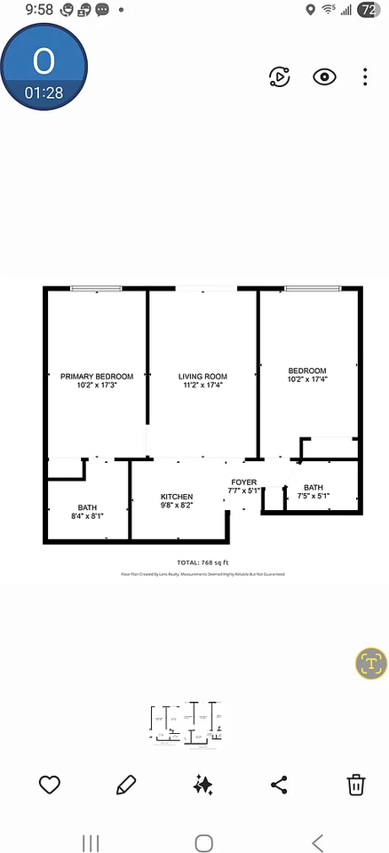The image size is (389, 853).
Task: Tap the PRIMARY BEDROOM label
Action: pyautogui.click(x=97, y=376)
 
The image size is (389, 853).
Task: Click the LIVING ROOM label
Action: pyautogui.click(x=202, y=376)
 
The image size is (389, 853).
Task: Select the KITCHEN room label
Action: pyautogui.click(x=176, y=496)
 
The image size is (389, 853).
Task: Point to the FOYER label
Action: pyautogui.click(x=243, y=482)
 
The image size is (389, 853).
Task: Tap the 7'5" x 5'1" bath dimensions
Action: pyautogui.click(x=314, y=496)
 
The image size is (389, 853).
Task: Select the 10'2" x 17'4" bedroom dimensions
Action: pyautogui.click(x=307, y=379)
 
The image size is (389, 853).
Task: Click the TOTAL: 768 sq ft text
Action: pyautogui.click(x=203, y=562)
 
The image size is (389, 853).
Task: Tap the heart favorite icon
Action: pyautogui.click(x=50, y=785)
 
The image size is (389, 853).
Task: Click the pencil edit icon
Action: pyautogui.click(x=126, y=785)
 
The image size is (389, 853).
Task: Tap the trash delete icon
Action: pyautogui.click(x=355, y=785)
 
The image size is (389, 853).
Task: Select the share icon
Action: pyautogui.click(x=279, y=785)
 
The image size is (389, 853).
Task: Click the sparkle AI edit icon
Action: pyautogui.click(x=202, y=785)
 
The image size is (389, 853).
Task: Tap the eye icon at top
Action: pyautogui.click(x=325, y=76)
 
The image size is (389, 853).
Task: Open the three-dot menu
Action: pyautogui.click(x=365, y=76)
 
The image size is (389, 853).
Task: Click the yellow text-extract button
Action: pyautogui.click(x=371, y=664)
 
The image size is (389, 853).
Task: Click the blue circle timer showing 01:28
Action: pyautogui.click(x=44, y=68)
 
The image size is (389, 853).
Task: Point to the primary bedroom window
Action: pyautogui.click(x=96, y=288)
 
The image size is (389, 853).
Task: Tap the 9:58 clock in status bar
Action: pyautogui.click(x=39, y=10)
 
